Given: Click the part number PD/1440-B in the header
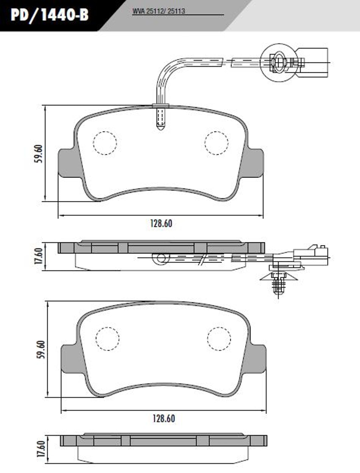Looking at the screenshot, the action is pos(50,15).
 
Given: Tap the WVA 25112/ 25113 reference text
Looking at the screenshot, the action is pos(159,12).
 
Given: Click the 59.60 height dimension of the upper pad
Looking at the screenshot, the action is pos(38,154).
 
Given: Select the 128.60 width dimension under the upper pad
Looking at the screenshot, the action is pos(161,224).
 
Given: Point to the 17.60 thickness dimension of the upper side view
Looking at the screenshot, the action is pos(38,256).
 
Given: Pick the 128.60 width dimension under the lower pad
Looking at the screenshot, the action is pos(164,419).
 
